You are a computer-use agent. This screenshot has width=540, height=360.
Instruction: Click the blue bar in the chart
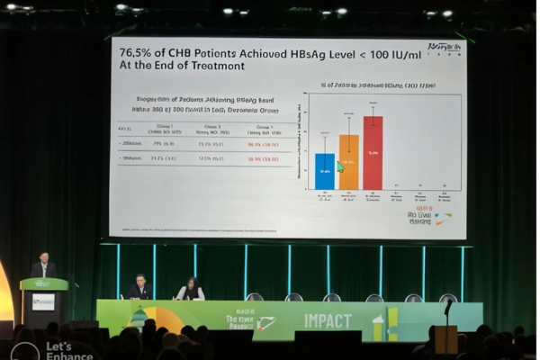pos(324,171)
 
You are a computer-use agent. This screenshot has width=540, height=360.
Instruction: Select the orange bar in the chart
pos(348,162)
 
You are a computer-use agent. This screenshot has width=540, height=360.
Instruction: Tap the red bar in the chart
pos(373,153)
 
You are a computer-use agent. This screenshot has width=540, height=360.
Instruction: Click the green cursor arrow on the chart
pos(340,166)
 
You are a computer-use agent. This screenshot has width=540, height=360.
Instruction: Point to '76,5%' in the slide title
pos(138,52)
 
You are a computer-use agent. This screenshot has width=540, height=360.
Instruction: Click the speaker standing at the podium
pos(42,267)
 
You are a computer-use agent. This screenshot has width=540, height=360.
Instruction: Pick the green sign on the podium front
pos(43,302)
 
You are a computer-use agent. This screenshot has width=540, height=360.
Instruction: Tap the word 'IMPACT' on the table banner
pos(328,321)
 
